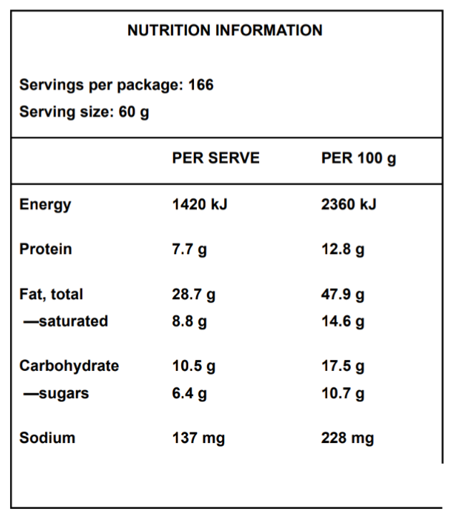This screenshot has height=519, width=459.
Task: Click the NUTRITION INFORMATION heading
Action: point(225,30)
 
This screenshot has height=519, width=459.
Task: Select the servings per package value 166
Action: point(201,85)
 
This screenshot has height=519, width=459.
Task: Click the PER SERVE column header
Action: point(216,158)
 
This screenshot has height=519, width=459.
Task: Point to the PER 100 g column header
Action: point(358,158)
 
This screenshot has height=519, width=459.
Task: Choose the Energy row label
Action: point(45,205)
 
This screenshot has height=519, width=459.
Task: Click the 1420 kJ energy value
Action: point(199,205)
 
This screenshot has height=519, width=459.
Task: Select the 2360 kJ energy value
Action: point(349,205)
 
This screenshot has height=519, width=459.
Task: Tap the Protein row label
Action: point(45,249)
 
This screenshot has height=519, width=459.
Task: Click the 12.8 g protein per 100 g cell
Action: point(342,250)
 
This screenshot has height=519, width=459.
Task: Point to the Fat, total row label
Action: point(51,294)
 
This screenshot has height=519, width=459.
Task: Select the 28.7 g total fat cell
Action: point(193,294)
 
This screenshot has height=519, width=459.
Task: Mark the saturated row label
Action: point(65,321)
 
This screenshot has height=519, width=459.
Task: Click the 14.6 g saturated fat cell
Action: point(342,321)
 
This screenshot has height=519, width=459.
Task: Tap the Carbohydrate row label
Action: point(69,366)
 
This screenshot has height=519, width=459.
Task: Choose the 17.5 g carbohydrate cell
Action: point(342,366)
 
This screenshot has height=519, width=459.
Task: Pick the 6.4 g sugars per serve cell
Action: point(190,393)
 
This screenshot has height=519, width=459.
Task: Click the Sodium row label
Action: point(47,437)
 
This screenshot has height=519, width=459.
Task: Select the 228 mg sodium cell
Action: point(347,438)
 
